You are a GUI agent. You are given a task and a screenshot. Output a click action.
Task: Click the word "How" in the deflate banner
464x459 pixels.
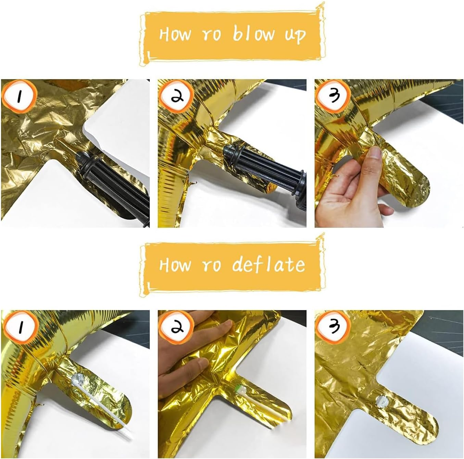[175, 265]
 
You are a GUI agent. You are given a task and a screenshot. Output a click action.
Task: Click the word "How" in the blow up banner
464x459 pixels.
[175, 34]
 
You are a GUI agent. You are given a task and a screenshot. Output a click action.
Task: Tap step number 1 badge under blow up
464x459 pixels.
[19, 96]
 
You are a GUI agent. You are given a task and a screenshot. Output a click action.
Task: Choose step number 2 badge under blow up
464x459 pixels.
[176, 96]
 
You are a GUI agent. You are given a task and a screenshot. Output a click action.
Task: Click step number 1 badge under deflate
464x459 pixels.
[20, 327]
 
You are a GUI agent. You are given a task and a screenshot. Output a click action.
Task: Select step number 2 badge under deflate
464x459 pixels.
[176, 327]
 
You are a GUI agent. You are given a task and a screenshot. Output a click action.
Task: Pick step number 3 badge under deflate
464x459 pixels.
[333, 326]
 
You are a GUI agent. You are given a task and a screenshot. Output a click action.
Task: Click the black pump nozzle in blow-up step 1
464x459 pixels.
[113, 183]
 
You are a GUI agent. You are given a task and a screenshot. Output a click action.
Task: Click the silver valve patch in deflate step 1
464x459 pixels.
[79, 381]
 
